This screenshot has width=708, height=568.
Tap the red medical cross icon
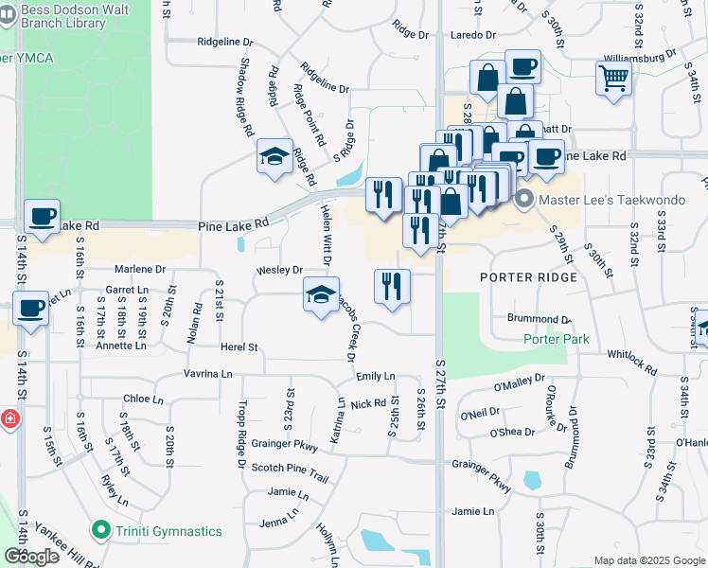7,417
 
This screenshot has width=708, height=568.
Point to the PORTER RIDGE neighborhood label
528,277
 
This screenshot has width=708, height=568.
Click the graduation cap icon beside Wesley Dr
321,294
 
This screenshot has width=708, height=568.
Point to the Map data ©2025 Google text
648,560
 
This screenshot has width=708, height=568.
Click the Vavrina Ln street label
207,374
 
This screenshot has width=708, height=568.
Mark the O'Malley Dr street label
520,382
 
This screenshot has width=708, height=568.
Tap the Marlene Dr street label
141,270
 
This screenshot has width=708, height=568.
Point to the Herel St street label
239,347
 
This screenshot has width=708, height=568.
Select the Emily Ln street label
376,376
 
